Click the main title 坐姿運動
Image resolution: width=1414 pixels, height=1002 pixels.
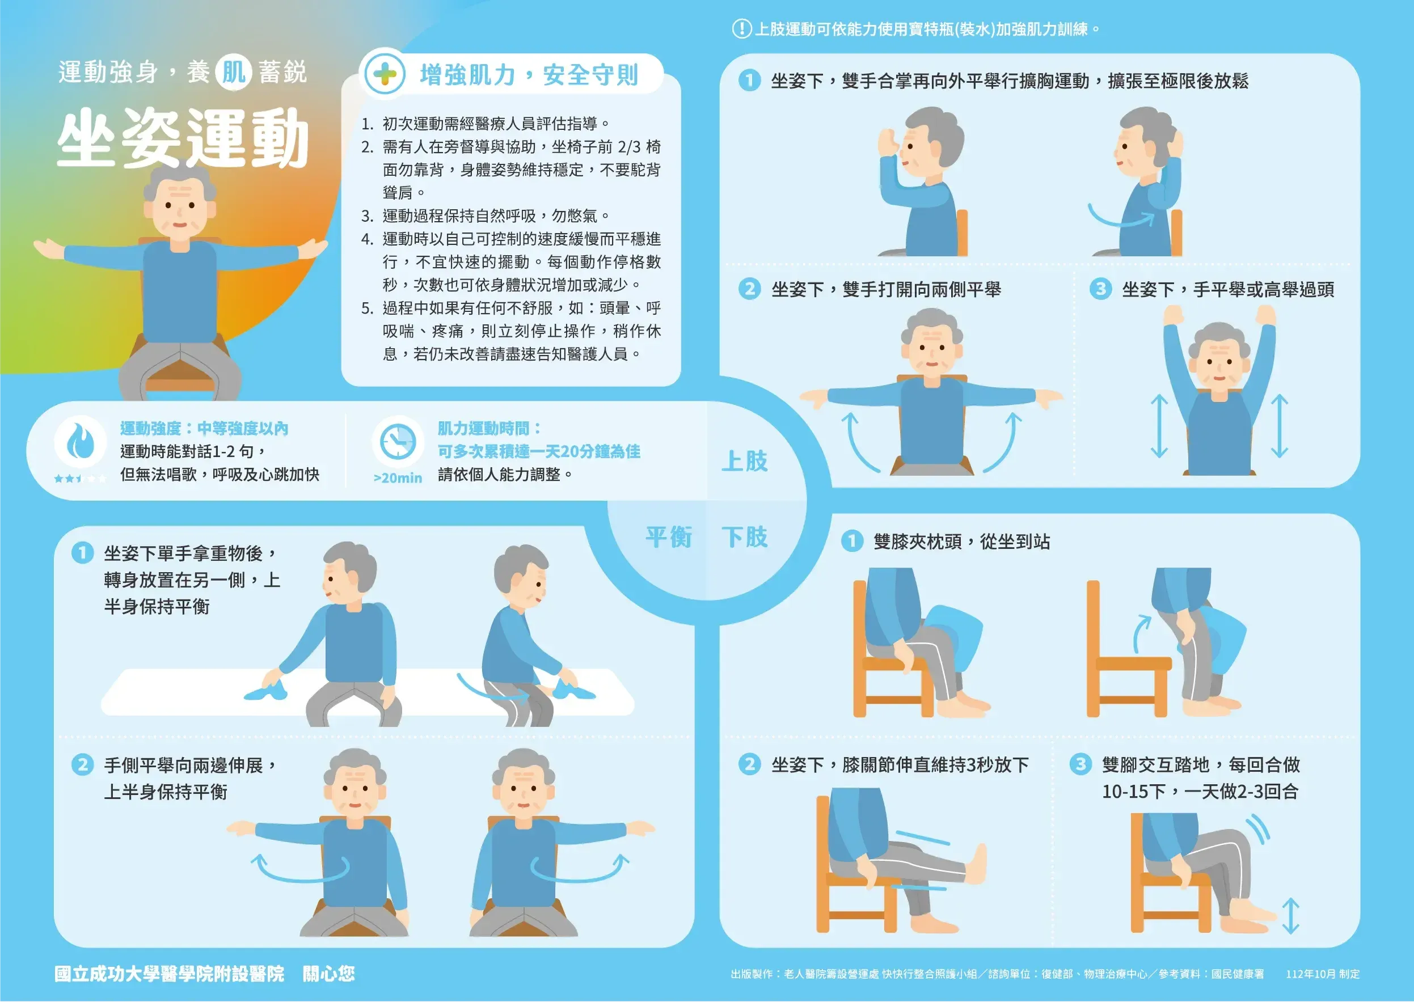click(x=183, y=138)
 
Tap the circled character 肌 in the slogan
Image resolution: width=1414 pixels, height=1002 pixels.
click(x=234, y=73)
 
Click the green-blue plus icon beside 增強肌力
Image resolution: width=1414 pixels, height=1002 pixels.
click(x=385, y=75)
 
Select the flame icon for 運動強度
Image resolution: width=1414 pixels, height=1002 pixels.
click(x=80, y=441)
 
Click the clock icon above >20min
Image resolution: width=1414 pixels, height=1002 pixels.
click(x=398, y=441)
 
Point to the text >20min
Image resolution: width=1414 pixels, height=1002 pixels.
click(x=398, y=478)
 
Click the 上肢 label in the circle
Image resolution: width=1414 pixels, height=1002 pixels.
click(x=744, y=462)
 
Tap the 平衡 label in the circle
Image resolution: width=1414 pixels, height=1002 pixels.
click(x=668, y=537)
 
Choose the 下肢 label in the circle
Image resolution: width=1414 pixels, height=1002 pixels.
click(x=744, y=537)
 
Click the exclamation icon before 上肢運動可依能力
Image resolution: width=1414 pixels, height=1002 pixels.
click(x=741, y=29)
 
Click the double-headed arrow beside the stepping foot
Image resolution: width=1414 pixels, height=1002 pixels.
click(x=1290, y=916)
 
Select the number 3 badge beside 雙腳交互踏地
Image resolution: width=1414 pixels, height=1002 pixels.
click(x=1080, y=764)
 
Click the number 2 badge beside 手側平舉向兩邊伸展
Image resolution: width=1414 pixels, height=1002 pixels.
click(x=82, y=765)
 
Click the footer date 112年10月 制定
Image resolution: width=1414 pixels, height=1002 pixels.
click(x=1323, y=974)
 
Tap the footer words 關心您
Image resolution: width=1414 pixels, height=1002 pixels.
click(x=328, y=974)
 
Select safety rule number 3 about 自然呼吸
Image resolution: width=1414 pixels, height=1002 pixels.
click(x=485, y=216)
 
